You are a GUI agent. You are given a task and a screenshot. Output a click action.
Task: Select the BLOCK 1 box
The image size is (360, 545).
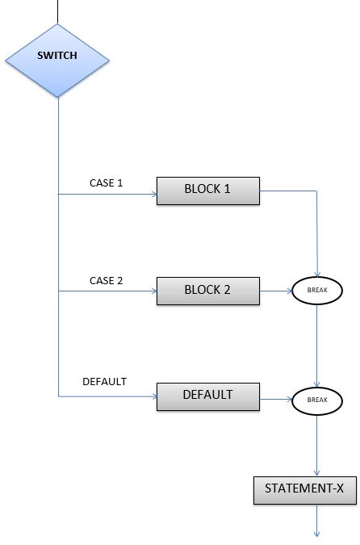point(207,191)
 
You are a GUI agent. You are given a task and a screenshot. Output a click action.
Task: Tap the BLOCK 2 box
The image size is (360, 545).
point(207,290)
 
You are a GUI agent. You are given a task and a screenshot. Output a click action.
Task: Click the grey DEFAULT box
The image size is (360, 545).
point(207,396)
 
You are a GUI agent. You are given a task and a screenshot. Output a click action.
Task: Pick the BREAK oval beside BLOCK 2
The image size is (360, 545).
point(318,289)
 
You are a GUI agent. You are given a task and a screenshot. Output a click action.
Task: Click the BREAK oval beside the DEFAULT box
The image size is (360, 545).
point(318,399)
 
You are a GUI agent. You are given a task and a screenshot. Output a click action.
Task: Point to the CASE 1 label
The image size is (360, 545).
point(106,183)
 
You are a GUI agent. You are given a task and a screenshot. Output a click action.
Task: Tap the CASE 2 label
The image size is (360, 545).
point(106,281)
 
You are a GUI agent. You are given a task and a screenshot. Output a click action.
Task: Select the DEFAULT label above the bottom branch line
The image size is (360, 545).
point(105,381)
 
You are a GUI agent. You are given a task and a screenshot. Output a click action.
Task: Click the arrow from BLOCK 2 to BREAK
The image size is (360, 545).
point(276,289)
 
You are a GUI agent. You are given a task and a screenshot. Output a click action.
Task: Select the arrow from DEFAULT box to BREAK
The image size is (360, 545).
point(276,398)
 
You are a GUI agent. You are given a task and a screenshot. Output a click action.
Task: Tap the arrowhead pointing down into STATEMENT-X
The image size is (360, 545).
point(317,472)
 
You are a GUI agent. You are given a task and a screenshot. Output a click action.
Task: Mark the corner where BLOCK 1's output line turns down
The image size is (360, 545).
point(317,191)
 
